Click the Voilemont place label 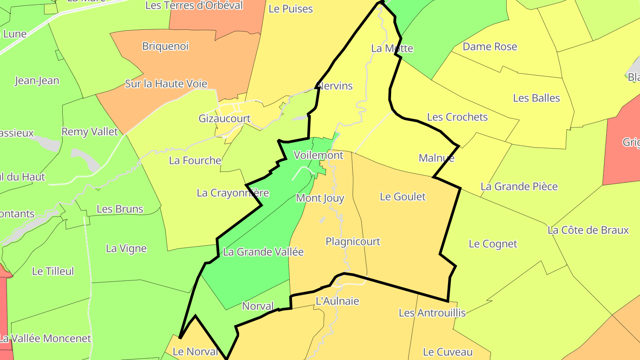pos(318,155)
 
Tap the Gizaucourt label pos(224,119)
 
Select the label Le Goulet pos(403,196)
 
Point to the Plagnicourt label pos(353,241)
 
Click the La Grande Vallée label pos(263,252)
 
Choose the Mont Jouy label pos(320,198)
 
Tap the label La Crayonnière pos(233,193)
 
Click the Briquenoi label pos(165,46)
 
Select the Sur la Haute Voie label pos(166,84)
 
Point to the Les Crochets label pos(457,117)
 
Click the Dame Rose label pos(490,47)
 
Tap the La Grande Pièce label pos(519,186)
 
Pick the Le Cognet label pos(493,244)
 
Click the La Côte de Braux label pos(588,230)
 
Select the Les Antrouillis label pos(432,313)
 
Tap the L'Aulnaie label pos(337,301)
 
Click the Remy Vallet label pos(90,132)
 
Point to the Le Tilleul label pos(53,271)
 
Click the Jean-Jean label pos(37,80)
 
